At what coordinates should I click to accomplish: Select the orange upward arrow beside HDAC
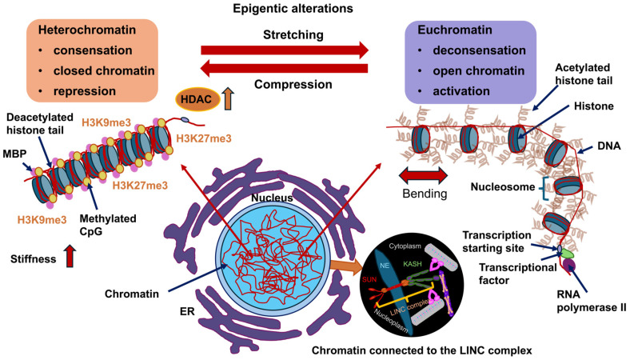[x=228, y=98]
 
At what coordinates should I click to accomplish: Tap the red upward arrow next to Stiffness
[x=70, y=256]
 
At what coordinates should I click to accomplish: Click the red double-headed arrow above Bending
[x=423, y=176]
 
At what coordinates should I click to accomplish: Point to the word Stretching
[x=293, y=35]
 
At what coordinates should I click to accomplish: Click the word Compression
[x=293, y=85]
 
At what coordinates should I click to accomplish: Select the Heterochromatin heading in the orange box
[x=87, y=30]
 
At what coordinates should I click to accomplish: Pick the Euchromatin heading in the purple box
[x=455, y=30]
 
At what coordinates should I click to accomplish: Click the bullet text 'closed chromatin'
[x=104, y=70]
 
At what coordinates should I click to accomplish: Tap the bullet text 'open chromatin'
[x=479, y=70]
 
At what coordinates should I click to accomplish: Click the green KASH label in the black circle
[x=413, y=264]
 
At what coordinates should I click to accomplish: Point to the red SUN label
[x=369, y=279]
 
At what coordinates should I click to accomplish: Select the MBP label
[x=15, y=154]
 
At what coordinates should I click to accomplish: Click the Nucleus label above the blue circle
[x=272, y=198]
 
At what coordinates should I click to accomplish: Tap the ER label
[x=187, y=311]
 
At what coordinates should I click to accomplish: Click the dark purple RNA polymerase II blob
[x=569, y=265]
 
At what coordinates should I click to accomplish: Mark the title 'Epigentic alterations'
[x=293, y=9]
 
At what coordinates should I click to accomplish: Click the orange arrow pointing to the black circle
[x=345, y=267]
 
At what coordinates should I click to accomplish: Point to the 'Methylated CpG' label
[x=108, y=225]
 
